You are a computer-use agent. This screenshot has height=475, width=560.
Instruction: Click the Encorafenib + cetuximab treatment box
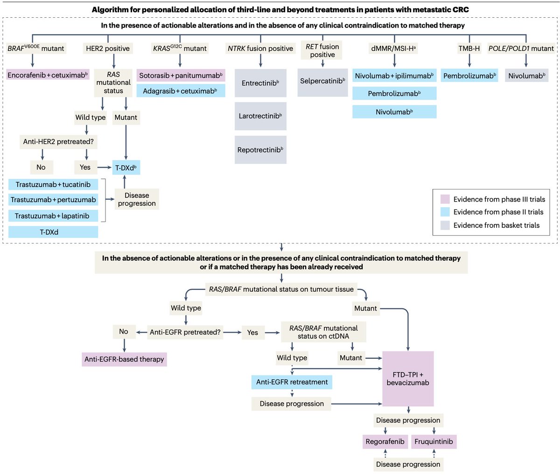48,75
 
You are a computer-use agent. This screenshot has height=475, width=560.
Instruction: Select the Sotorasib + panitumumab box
181,75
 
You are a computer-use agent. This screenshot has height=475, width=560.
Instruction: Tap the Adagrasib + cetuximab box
181,91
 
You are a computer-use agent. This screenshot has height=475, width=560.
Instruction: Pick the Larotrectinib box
260,116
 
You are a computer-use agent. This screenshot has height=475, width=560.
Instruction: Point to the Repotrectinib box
260,150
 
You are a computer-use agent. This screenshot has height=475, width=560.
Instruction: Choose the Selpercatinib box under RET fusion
322,81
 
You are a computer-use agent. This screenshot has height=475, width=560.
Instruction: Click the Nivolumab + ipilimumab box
394,76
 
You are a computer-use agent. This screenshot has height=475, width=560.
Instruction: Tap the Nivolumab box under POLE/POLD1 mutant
526,76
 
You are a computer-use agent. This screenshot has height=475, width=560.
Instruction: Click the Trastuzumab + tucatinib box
53,184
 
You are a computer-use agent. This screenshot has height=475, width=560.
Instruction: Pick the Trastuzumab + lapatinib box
53,216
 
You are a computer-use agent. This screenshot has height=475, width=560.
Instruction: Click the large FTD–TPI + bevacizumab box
408,378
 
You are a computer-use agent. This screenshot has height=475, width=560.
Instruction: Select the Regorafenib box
385,441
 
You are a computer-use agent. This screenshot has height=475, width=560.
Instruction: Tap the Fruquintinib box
434,441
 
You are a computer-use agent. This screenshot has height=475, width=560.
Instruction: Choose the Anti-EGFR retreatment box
292,382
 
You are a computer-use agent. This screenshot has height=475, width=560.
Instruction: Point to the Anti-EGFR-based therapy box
124,359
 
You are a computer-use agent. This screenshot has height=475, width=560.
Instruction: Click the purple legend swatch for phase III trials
445,199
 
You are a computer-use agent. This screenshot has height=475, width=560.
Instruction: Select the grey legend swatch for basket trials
445,225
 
